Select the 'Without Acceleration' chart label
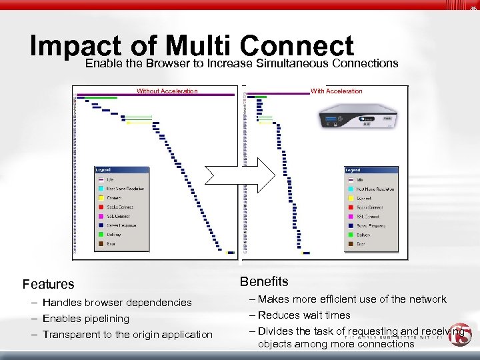pyautogui.click(x=167, y=91)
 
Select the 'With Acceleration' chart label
pyautogui.click(x=337, y=91)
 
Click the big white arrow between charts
pyautogui.click(x=240, y=175)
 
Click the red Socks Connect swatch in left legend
pyautogui.click(x=101, y=207)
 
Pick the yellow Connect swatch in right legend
pyautogui.click(x=351, y=199)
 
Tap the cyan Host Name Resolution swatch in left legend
pyautogui.click(x=101, y=189)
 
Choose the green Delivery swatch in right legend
pyautogui.click(x=351, y=235)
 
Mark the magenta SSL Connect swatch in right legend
pyautogui.click(x=351, y=217)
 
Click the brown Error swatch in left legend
pyautogui.click(x=101, y=244)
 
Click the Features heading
pyautogui.click(x=49, y=285)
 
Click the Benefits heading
pyautogui.click(x=264, y=281)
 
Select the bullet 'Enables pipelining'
pyautogui.click(x=86, y=319)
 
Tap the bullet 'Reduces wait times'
pyautogui.click(x=304, y=315)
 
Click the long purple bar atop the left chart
pyautogui.click(x=153, y=95)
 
